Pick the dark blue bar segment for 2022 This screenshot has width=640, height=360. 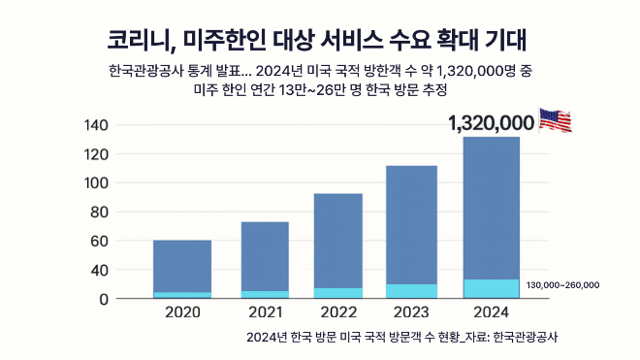tap(337, 241)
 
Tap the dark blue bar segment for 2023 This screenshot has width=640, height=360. tap(411, 225)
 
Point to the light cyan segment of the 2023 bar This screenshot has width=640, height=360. tap(411, 291)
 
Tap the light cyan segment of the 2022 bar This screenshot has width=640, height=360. tap(337, 293)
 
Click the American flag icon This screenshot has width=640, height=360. tap(555, 120)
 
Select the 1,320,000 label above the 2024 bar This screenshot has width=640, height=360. tap(492, 122)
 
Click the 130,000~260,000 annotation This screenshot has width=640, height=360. tap(562, 284)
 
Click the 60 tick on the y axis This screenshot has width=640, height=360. tap(99, 241)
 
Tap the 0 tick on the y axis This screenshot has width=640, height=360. tap(103, 299)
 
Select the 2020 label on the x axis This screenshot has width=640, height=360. tap(182, 313)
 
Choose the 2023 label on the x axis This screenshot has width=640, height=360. tap(411, 313)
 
